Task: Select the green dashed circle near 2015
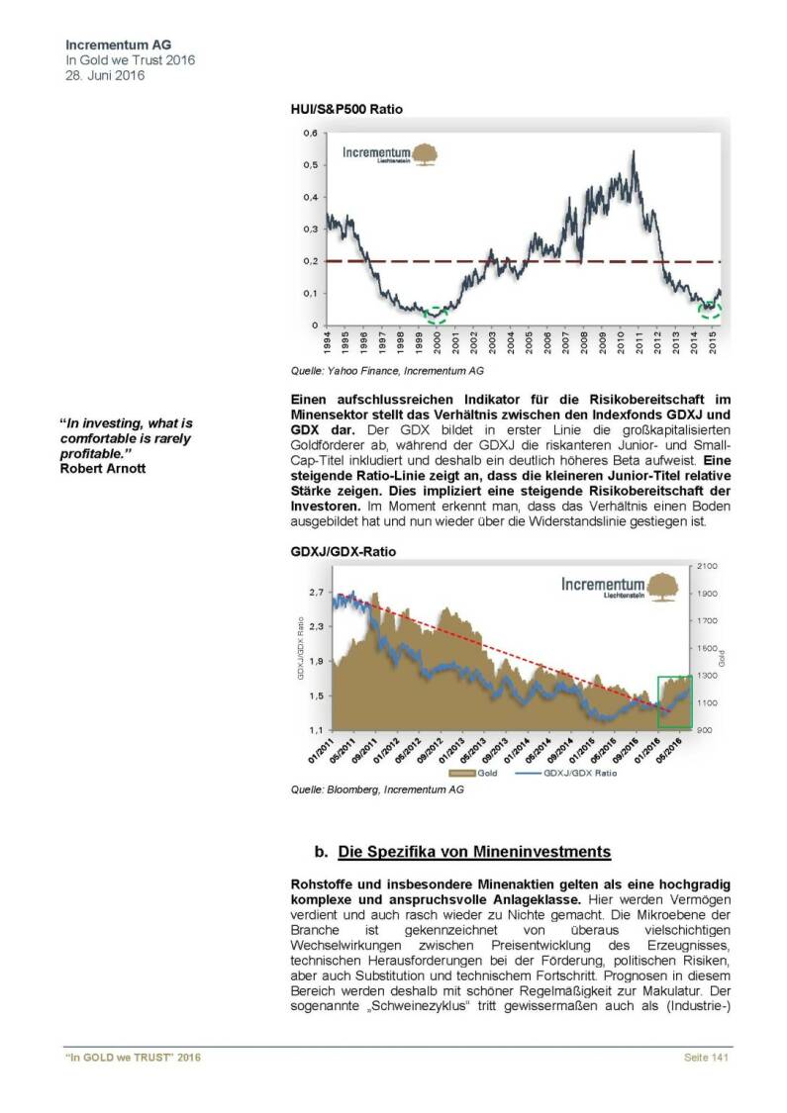pos(710,310)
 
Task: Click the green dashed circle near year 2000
pos(437,315)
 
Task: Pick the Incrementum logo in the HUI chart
pos(389,154)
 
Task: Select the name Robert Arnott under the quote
pos(103,467)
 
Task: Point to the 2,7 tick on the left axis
pos(317,593)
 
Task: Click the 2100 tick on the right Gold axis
pos(710,565)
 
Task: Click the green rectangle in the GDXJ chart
pos(675,700)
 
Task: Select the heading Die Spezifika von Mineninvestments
pos(474,851)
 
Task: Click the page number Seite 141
pos(706,1059)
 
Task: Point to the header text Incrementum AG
pos(104,46)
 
